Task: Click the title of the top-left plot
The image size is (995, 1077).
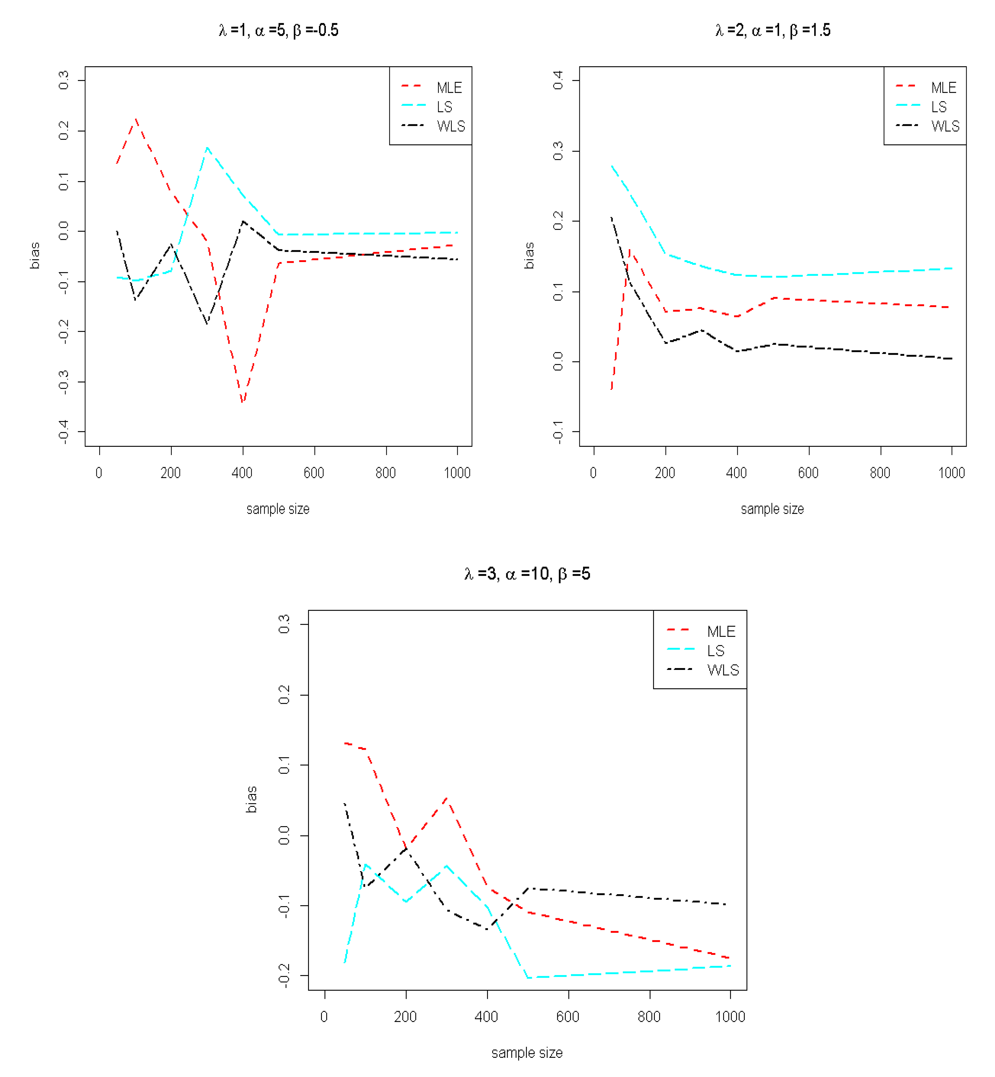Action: pos(278,30)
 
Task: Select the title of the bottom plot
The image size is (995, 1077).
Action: pos(527,574)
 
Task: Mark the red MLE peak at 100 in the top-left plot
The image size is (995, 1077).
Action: pos(136,119)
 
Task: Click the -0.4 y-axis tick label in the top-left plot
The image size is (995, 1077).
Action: pos(64,432)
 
